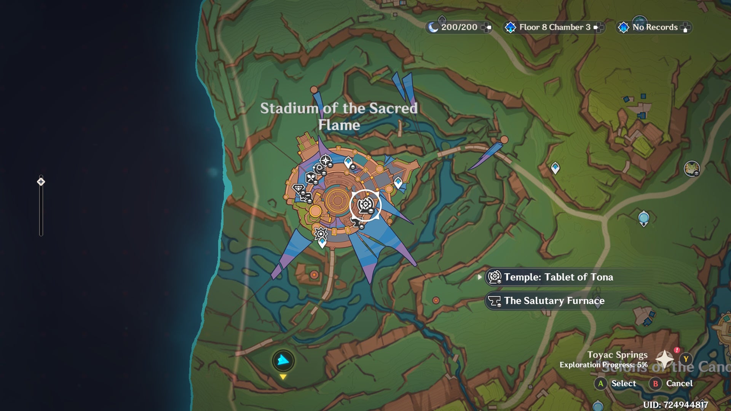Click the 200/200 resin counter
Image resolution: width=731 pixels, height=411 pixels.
click(459, 27)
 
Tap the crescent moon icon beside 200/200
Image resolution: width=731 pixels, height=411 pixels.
click(433, 27)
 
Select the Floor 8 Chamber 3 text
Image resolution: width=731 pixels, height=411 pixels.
click(554, 27)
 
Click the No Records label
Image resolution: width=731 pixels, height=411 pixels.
click(655, 27)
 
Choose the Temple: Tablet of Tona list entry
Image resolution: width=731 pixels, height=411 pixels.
click(558, 277)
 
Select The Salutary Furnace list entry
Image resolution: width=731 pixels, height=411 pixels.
click(554, 301)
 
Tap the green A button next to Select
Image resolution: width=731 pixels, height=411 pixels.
click(600, 384)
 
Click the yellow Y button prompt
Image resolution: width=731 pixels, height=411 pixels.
click(686, 359)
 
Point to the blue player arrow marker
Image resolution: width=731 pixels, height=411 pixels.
click(283, 360)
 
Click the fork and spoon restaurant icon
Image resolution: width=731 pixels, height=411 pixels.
click(311, 177)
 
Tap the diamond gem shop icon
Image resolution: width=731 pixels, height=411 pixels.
click(298, 188)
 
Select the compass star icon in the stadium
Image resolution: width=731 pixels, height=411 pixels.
click(326, 160)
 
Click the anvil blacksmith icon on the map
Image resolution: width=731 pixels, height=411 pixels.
click(356, 223)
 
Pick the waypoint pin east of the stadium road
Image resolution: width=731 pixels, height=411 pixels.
click(555, 167)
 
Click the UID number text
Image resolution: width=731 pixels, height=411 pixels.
click(675, 405)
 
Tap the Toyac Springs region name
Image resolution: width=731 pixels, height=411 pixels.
click(617, 355)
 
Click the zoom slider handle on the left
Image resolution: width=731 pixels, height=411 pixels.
click(41, 182)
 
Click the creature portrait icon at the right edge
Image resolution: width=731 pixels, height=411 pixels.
click(691, 169)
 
